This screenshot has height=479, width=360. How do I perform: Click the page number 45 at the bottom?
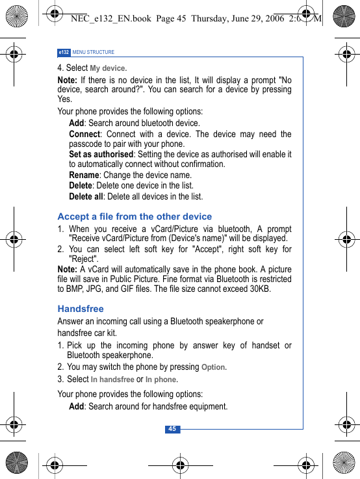click(x=172, y=429)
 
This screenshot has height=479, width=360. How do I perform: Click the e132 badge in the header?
click(x=64, y=52)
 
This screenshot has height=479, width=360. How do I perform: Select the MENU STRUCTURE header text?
click(x=94, y=52)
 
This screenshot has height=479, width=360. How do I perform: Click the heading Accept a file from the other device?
click(x=135, y=216)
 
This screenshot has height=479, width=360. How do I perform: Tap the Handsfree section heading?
click(x=81, y=309)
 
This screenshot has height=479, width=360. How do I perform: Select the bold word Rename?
click(x=84, y=175)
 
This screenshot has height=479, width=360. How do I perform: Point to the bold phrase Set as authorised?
click(x=101, y=154)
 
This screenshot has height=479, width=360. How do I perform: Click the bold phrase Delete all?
click(x=86, y=196)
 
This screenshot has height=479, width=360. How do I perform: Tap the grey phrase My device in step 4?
click(x=108, y=68)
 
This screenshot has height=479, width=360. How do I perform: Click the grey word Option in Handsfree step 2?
click(x=214, y=367)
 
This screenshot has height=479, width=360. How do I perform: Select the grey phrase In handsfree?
click(x=112, y=380)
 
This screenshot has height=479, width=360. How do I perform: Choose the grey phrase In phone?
click(x=161, y=380)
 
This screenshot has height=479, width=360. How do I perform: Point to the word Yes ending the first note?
click(x=65, y=99)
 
